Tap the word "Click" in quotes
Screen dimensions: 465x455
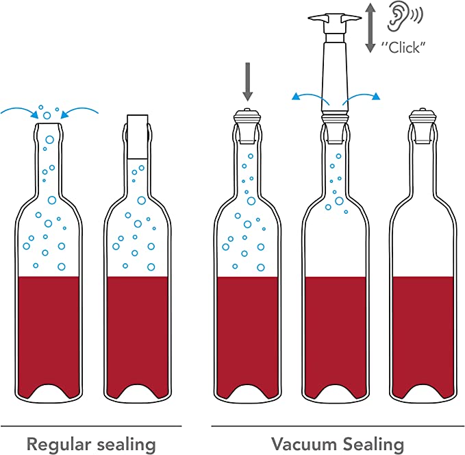point(403,47)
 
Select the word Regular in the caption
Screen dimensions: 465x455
point(58,445)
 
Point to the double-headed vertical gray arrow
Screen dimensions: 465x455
point(370,27)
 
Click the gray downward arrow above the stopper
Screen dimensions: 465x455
point(248,82)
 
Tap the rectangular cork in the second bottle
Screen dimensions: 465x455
point(137,137)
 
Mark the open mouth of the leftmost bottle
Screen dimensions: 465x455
point(49,124)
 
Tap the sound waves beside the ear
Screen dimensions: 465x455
point(416,14)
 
